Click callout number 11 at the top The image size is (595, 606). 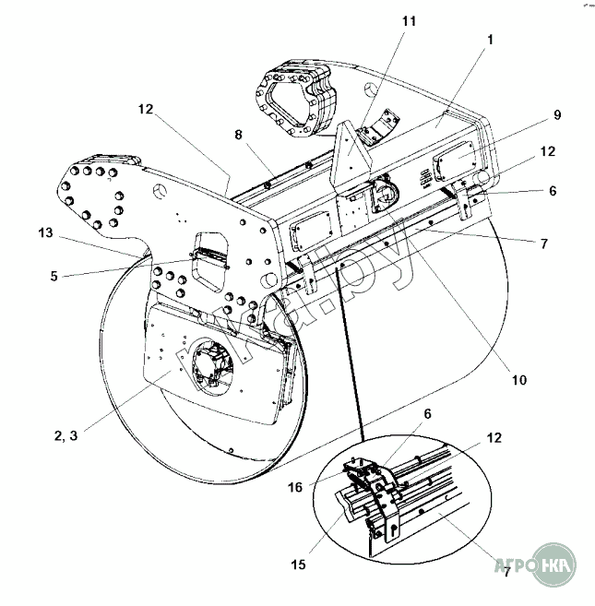(409, 19)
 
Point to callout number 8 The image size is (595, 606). (238, 135)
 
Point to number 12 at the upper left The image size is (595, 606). (146, 109)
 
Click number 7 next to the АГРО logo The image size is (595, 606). (506, 572)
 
